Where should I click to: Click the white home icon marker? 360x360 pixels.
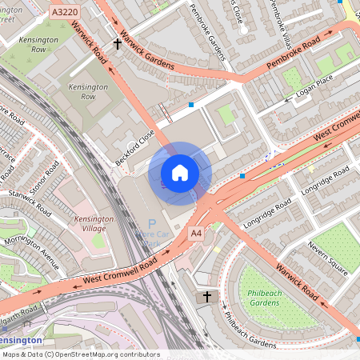180,173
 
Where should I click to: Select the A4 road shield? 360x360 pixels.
196,232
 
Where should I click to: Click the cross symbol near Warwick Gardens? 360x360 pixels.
118,44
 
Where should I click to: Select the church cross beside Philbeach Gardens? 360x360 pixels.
207,297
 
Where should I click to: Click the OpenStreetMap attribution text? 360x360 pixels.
80,354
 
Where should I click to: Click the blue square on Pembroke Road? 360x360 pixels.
190,105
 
